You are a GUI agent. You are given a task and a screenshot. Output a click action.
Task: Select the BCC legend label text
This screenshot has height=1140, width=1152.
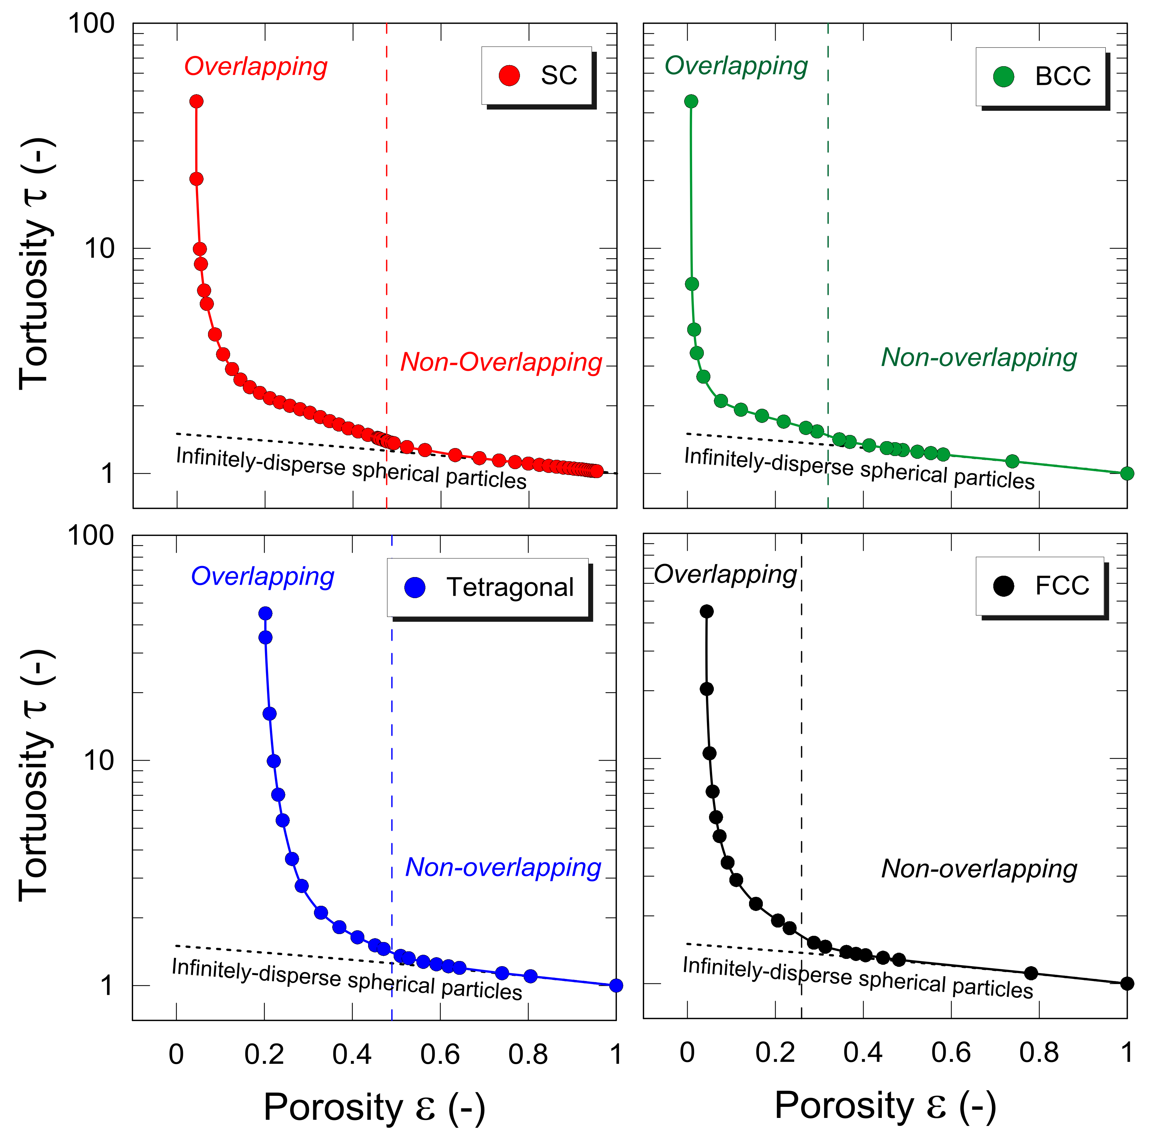[1063, 76]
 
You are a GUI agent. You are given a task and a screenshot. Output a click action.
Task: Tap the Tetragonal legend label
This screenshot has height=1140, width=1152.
[510, 587]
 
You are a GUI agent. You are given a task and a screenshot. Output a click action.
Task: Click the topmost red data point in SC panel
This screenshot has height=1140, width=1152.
[196, 101]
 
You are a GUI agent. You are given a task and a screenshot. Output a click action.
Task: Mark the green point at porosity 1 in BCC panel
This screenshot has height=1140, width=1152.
[1126, 473]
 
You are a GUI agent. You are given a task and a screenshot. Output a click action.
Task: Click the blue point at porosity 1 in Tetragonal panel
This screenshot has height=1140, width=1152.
[616, 985]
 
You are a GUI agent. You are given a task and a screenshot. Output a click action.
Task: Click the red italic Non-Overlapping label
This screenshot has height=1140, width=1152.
[501, 362]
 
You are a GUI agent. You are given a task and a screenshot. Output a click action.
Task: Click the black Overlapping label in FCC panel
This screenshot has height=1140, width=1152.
[725, 574]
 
